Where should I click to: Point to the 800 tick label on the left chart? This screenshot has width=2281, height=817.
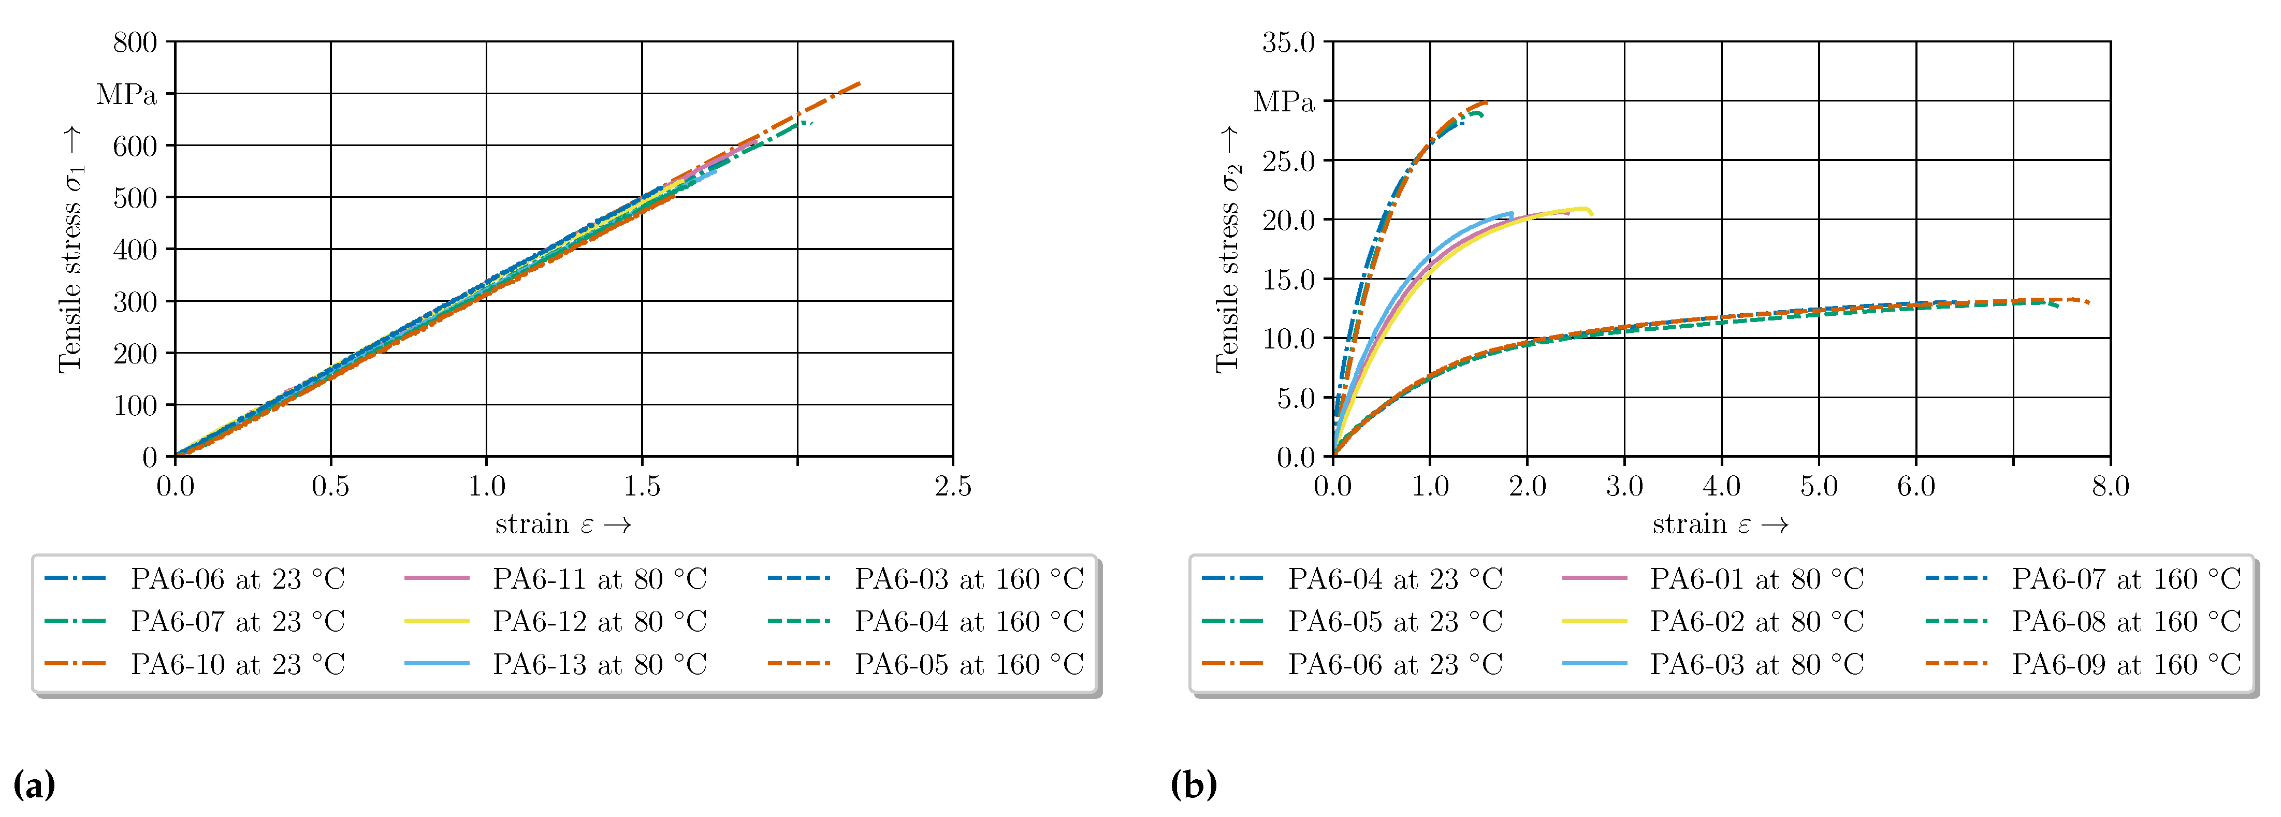135,42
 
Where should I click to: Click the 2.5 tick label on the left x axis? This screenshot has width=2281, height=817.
953,486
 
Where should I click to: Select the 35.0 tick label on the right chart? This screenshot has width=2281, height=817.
1288,42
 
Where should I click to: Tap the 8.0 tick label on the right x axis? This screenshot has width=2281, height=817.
2110,486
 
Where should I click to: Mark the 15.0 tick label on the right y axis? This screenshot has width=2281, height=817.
1288,280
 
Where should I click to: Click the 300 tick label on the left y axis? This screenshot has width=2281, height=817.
135,302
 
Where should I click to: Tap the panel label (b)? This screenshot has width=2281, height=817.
1193,785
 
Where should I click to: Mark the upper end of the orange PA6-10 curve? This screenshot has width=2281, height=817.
860,84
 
